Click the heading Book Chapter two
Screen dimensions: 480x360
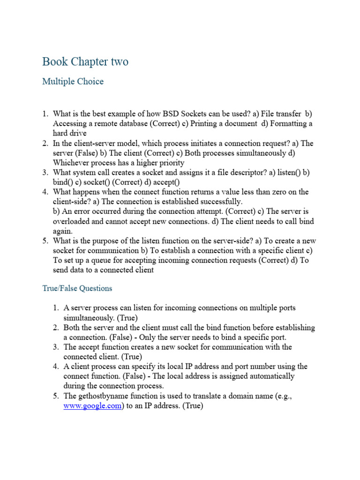[85, 62]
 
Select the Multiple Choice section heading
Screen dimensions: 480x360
[73, 82]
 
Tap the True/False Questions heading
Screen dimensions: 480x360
[77, 288]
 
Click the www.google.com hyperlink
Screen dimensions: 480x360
[92, 406]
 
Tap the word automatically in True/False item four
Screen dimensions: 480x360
[273, 376]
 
